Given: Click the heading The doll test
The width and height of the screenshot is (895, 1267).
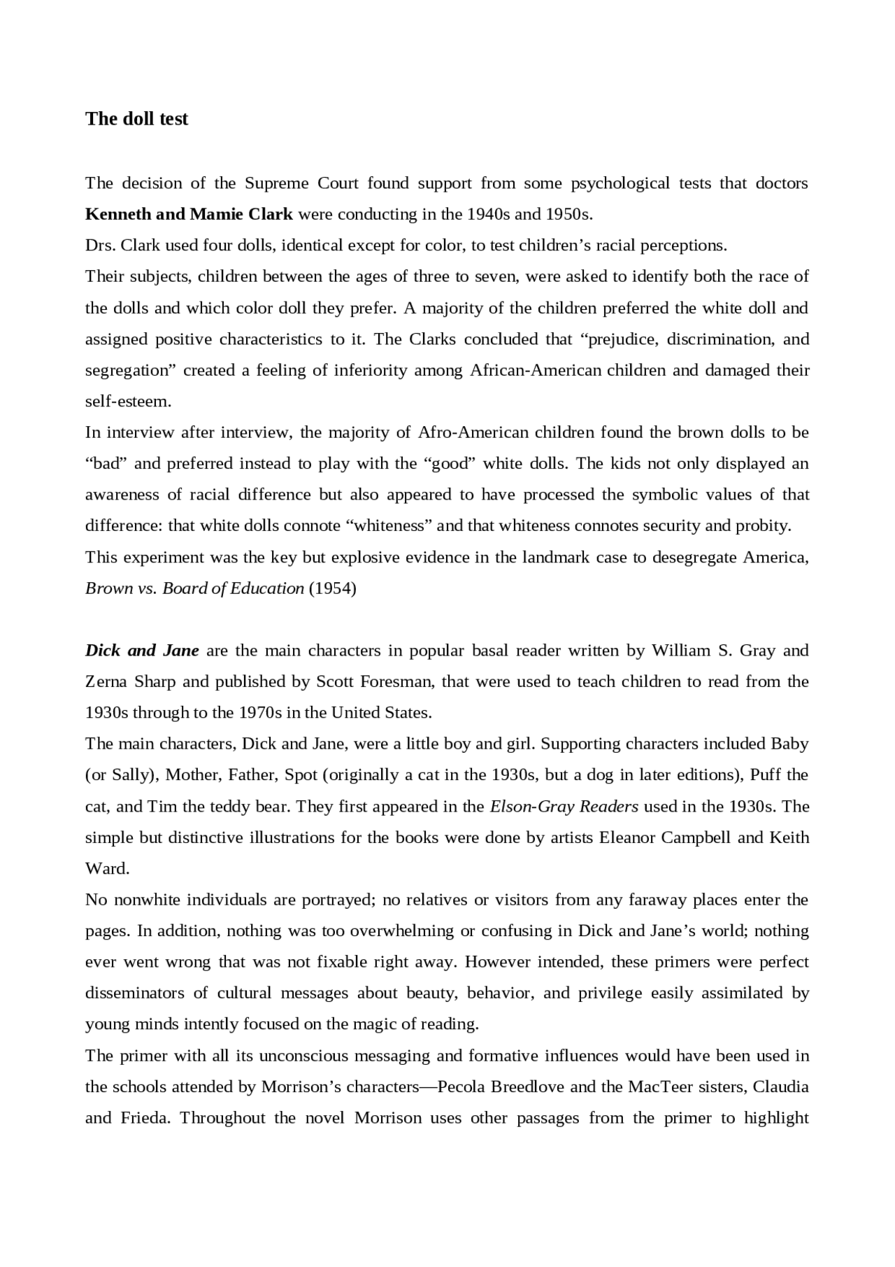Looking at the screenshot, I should (136, 119).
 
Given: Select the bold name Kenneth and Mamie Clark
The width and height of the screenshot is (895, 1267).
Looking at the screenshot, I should (189, 214).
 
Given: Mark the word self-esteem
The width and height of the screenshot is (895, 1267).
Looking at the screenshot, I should (128, 402).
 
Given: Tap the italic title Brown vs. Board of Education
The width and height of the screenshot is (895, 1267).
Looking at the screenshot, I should (194, 588).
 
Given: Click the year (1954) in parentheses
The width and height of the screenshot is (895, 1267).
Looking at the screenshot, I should (333, 588).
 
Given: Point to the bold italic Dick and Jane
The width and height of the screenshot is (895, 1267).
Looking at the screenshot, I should (142, 651).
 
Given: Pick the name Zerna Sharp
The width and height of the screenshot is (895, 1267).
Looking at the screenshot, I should (130, 682).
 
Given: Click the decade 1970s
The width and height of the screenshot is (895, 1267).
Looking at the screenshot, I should (261, 713).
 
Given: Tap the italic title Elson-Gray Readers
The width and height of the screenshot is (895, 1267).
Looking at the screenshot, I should (564, 807).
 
